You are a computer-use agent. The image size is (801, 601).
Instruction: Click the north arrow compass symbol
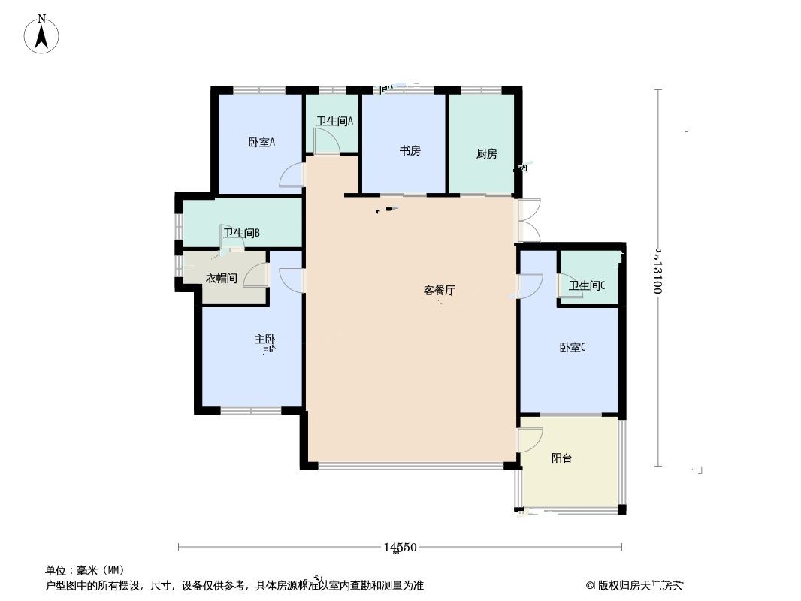(43, 35)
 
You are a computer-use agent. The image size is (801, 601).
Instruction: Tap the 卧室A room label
(261, 141)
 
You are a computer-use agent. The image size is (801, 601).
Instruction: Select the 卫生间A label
(334, 120)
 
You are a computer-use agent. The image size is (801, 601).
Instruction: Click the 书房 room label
(410, 150)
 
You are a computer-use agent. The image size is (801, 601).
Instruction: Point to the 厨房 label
(486, 154)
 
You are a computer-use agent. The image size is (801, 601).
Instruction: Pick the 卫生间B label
(241, 233)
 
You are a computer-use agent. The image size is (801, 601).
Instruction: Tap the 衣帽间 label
(222, 279)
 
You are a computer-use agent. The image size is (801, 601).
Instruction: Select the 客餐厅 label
(440, 290)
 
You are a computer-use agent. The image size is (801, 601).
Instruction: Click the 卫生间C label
(586, 285)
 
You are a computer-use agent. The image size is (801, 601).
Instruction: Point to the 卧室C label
(572, 347)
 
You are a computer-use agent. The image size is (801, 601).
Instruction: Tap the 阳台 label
(561, 458)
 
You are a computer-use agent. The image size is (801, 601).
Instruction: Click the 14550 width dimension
(400, 548)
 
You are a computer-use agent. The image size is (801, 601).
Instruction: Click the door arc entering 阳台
(530, 439)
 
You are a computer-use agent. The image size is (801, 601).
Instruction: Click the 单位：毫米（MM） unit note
(84, 570)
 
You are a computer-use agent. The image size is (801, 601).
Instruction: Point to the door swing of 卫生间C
(564, 285)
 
